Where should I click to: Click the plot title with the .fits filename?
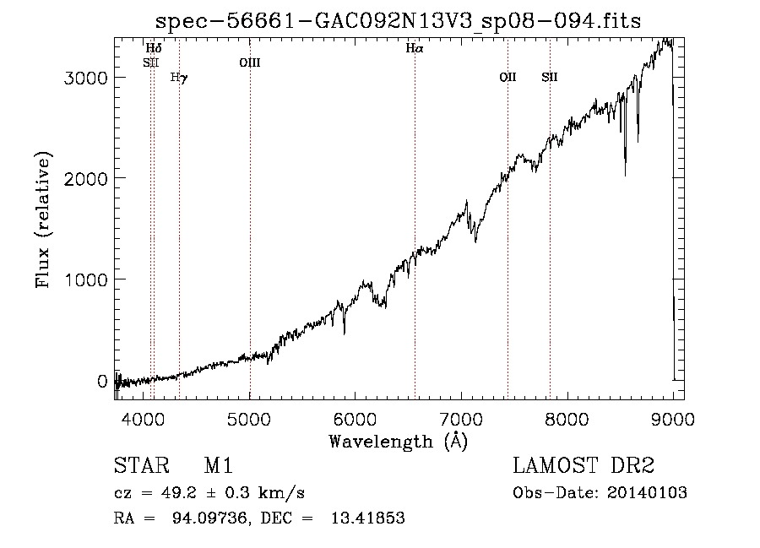(398, 21)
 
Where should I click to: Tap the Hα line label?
(415, 48)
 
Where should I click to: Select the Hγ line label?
(179, 78)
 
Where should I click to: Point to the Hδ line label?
(154, 48)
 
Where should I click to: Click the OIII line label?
(250, 62)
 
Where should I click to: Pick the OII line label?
(508, 77)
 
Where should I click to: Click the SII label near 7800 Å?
(550, 77)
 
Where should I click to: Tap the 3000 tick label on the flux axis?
(86, 78)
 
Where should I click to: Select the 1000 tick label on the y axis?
(86, 279)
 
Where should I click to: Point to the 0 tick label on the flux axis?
(102, 382)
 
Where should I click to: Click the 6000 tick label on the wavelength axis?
(355, 419)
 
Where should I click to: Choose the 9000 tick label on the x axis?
(673, 419)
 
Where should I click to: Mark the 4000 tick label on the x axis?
(143, 419)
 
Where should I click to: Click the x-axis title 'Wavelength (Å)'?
(399, 442)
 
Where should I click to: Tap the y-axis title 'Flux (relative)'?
(43, 220)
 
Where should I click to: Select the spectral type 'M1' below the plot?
(219, 465)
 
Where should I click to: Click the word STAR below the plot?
(142, 465)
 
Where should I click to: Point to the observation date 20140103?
(647, 493)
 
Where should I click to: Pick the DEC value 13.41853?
(368, 518)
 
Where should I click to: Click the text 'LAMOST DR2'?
(584, 465)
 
